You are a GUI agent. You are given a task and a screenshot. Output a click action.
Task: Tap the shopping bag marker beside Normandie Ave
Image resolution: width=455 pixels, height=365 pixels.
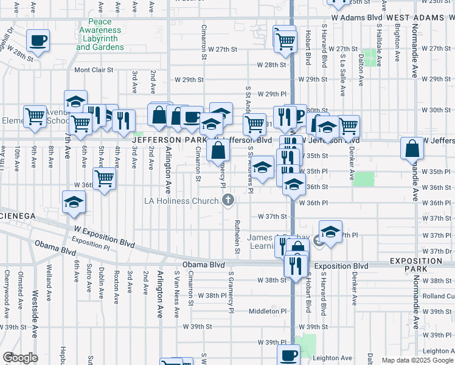412,148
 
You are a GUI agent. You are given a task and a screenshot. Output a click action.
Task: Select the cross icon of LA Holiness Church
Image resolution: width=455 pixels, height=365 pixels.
228,200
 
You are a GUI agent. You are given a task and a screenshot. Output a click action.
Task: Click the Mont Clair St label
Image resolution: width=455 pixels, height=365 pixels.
94,70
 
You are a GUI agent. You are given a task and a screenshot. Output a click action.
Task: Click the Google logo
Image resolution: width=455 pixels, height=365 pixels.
20,358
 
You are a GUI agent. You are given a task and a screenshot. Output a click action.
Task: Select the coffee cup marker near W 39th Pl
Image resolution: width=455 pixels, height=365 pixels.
288,355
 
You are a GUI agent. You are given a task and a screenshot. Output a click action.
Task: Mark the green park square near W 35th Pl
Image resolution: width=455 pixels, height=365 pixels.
364,179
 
